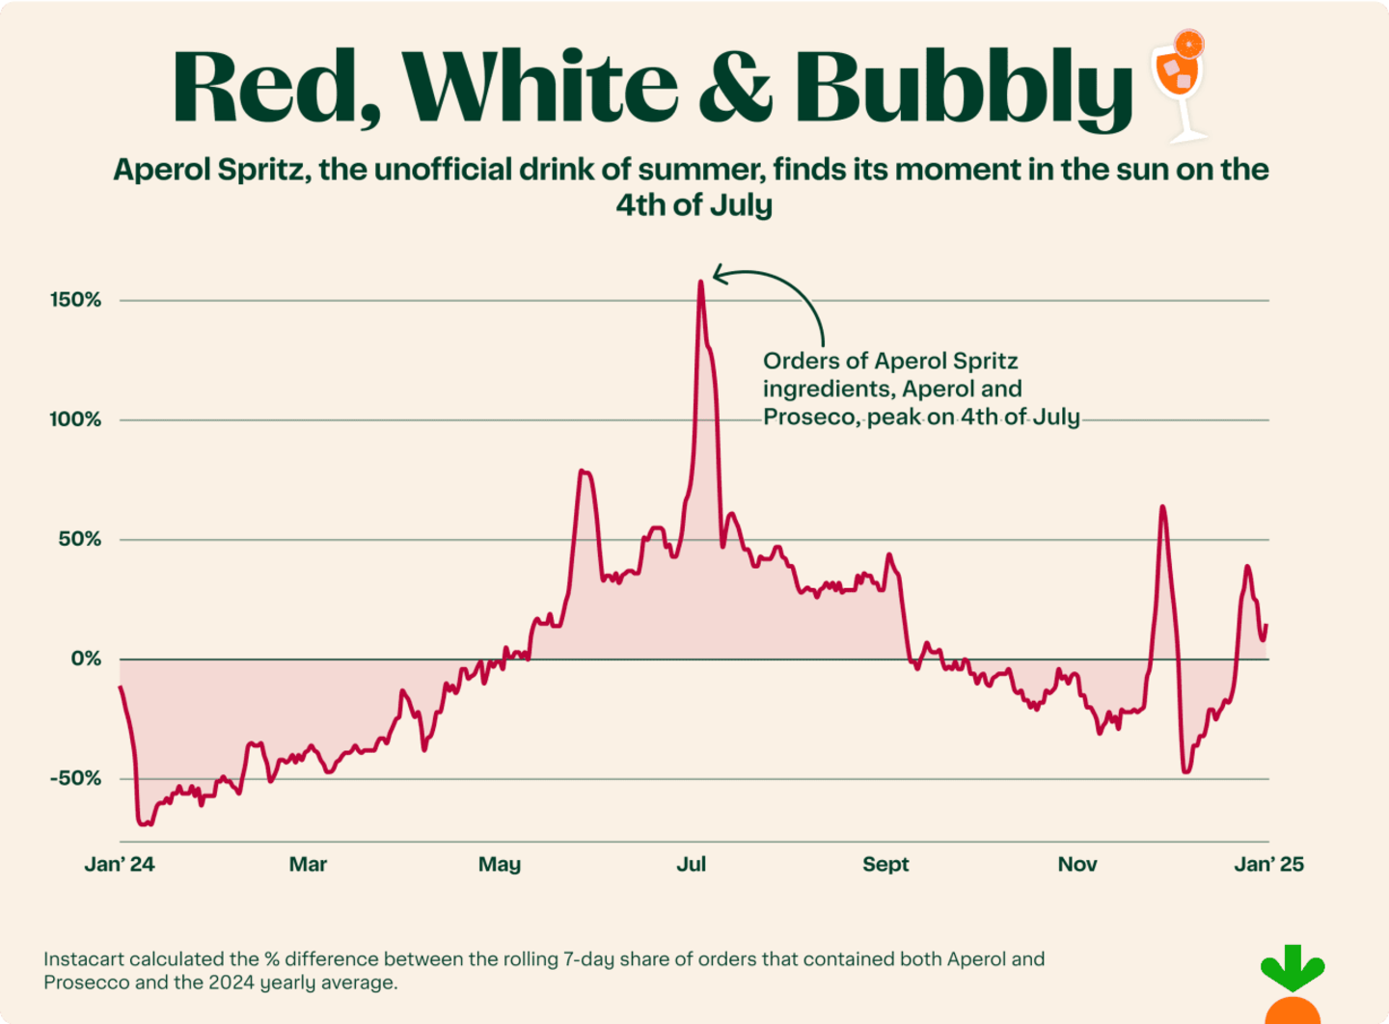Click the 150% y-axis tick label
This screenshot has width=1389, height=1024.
(75, 300)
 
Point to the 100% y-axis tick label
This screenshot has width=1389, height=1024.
(75, 419)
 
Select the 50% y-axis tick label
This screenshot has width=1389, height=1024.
(80, 539)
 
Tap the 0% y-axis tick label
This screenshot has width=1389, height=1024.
(85, 659)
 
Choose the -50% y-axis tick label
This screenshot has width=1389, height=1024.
(75, 778)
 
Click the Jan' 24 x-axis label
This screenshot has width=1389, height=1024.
(120, 864)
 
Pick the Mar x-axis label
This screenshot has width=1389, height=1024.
(308, 864)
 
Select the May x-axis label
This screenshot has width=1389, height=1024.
(500, 864)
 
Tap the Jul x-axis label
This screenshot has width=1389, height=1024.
(692, 864)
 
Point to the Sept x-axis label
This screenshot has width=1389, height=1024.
(885, 864)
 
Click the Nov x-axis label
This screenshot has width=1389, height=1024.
(1077, 864)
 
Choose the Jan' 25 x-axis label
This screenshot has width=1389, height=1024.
(1268, 864)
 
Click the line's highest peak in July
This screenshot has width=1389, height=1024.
(700, 283)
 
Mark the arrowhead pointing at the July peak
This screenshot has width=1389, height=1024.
(716, 274)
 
